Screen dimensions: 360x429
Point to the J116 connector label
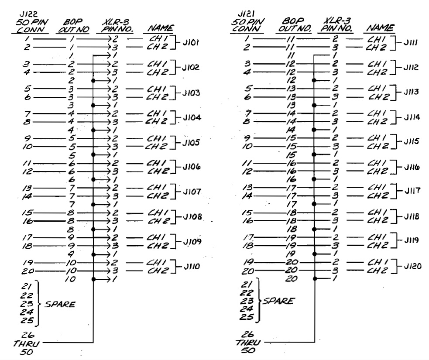point(412,167)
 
